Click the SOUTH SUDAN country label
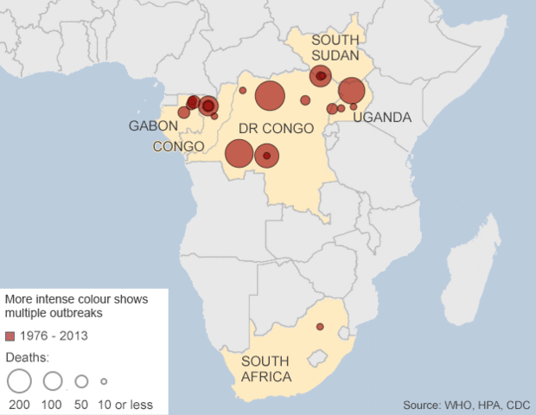(336, 48)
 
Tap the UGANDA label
(381, 118)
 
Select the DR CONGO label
(275, 128)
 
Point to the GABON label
(153, 126)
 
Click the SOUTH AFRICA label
(266, 369)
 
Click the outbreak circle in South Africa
(320, 327)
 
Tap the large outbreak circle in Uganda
(351, 90)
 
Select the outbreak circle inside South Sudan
(321, 76)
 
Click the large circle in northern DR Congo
(270, 96)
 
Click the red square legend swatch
(10, 335)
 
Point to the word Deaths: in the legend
(28, 357)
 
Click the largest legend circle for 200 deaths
(18, 380)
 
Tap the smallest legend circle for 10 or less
(104, 380)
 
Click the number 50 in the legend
(82, 405)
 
